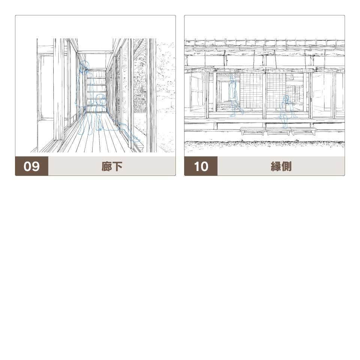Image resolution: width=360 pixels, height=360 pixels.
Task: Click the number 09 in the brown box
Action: click(x=31, y=166)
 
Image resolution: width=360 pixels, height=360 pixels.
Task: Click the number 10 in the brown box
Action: click(x=201, y=166)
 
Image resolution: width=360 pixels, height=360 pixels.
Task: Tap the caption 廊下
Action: click(x=112, y=166)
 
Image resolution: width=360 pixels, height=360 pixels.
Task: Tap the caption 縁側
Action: click(x=281, y=166)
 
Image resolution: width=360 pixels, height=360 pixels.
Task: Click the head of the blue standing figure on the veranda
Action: click(x=232, y=79)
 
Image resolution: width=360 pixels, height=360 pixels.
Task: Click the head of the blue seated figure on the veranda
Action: click(x=286, y=98)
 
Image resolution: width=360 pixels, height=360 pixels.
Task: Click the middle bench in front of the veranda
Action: click(x=278, y=131)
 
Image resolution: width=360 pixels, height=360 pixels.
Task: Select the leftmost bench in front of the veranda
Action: click(x=252, y=131)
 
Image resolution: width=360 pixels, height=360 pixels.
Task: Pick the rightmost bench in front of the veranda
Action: click(x=303, y=131)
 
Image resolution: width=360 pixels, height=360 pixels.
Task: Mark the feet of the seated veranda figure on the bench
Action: click(x=285, y=127)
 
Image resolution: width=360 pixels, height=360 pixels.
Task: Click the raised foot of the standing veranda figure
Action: click(x=241, y=112)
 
